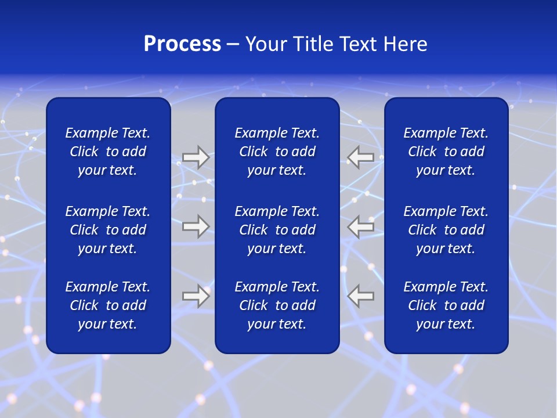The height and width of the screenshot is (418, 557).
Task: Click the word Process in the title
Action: point(182,44)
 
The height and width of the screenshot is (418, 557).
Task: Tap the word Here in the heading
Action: point(406,44)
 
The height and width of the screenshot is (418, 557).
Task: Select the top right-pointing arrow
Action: point(196,157)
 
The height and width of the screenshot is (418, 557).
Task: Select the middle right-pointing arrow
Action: point(196,226)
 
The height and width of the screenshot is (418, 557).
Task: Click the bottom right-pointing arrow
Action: point(196,296)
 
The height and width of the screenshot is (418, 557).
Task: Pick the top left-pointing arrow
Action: point(360,157)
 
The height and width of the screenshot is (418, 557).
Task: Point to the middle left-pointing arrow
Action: point(360,226)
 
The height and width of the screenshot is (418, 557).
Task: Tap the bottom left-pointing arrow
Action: point(360,296)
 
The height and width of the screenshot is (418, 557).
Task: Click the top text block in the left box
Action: point(108,152)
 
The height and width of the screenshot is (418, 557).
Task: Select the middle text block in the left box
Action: point(108,230)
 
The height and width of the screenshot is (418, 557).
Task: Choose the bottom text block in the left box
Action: point(108,305)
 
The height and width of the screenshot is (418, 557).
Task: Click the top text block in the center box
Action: point(277,152)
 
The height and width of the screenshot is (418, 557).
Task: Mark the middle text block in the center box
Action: point(277,230)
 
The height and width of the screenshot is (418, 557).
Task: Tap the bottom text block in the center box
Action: point(277,305)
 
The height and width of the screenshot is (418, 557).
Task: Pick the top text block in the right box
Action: point(446,152)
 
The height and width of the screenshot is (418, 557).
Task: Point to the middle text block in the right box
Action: point(446,230)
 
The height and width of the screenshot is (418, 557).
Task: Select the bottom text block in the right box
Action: point(446,305)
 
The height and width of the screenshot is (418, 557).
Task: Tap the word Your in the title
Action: point(266,44)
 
